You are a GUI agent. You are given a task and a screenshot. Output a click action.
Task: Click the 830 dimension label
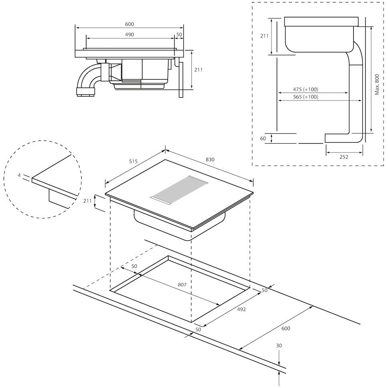(210, 160)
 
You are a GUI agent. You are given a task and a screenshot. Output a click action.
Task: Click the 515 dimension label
(133, 161)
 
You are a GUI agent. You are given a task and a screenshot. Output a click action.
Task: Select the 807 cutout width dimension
(182, 285)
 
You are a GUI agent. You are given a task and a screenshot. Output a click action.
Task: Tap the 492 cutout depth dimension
(241, 309)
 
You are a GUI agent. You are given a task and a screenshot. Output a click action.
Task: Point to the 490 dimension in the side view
(129, 35)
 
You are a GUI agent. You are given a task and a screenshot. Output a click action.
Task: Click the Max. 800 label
(377, 84)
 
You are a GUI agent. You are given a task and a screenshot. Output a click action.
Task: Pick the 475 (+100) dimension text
(306, 89)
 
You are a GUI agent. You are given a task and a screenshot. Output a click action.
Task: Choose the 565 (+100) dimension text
(306, 97)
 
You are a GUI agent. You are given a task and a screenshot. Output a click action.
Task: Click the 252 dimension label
(344, 157)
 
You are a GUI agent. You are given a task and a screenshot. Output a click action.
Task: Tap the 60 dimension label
(263, 139)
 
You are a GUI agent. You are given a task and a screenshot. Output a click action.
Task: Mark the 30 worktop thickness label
(279, 346)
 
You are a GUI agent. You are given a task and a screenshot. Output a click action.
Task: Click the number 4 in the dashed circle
(19, 175)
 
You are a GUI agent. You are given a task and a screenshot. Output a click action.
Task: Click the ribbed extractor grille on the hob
(179, 190)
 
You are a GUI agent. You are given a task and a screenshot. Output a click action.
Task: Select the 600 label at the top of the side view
(129, 24)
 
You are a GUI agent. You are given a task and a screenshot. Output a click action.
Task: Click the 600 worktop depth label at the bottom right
(285, 328)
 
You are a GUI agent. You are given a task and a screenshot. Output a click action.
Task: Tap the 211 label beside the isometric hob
(87, 201)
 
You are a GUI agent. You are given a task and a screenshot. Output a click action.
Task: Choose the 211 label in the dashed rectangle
(264, 36)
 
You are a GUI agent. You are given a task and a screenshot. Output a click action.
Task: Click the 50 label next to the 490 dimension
(179, 35)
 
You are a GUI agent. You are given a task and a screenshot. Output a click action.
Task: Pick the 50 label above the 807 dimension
(134, 266)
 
